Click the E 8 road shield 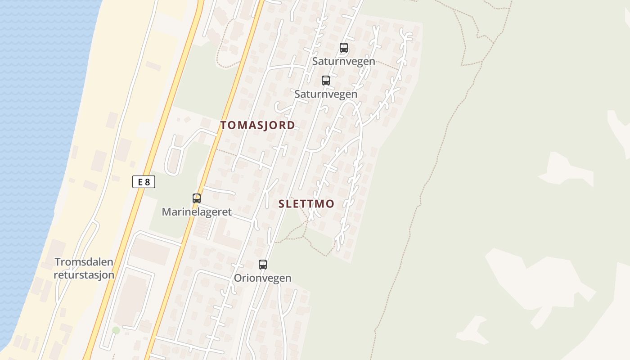(144, 182)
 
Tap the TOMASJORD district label (257, 125)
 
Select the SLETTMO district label (306, 204)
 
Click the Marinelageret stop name (197, 211)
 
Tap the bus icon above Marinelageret (197, 198)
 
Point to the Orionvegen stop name (262, 278)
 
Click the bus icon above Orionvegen (263, 265)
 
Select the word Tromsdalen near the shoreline (84, 262)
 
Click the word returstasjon (84, 274)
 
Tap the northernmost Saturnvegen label (344, 61)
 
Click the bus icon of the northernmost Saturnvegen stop (344, 48)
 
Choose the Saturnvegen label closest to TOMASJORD (326, 94)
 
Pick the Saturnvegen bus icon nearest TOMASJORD (326, 81)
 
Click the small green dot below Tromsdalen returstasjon (116, 330)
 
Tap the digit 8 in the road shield (148, 182)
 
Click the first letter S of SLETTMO (282, 204)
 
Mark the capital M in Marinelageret (166, 211)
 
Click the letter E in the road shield (140, 182)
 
